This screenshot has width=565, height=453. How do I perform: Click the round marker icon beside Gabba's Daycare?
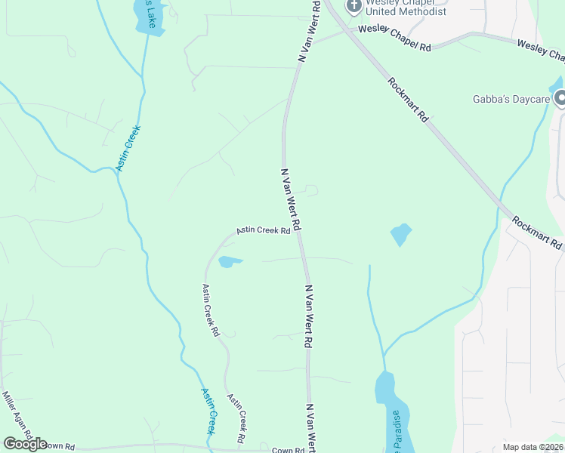coord(560,99)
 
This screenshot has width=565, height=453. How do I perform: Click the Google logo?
coord(25,444)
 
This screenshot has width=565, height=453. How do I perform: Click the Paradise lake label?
coord(395,430)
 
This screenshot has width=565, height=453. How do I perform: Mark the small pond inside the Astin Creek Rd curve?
coord(230,262)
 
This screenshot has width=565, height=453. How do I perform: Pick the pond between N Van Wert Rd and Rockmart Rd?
coord(400,234)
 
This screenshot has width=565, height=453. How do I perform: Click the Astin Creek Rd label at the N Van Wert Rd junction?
coord(264,230)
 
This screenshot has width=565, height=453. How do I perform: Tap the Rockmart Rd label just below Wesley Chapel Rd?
coord(408,99)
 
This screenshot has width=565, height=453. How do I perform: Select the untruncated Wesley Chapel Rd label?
coord(394,38)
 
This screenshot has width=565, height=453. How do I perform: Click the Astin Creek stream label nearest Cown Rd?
coord(209,411)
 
